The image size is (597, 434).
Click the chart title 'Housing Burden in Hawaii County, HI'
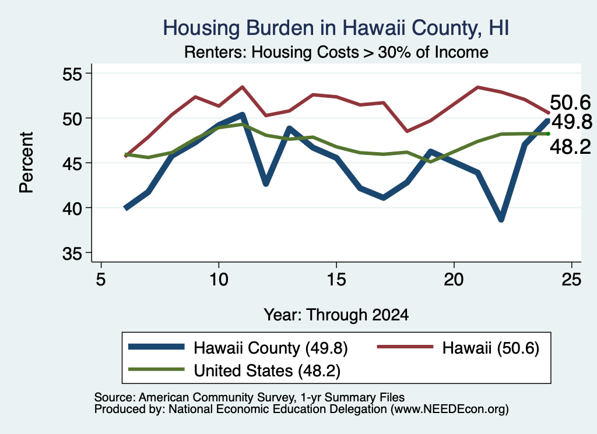336,28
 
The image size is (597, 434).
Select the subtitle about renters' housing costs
336,52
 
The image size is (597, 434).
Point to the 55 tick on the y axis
72,73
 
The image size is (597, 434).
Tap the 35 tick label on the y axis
72,253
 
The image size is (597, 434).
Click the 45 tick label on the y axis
72,164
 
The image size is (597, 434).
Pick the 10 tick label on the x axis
219,280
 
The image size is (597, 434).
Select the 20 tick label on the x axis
454,280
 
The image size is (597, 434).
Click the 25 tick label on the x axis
571,280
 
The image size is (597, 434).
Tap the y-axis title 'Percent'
27,163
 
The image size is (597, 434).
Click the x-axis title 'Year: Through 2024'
336,315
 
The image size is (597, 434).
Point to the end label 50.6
570,103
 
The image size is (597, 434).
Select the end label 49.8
572,122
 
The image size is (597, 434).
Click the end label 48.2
570,147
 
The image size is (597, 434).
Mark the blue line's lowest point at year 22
501,219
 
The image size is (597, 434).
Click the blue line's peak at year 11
242,115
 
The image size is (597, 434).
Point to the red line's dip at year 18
407,131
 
